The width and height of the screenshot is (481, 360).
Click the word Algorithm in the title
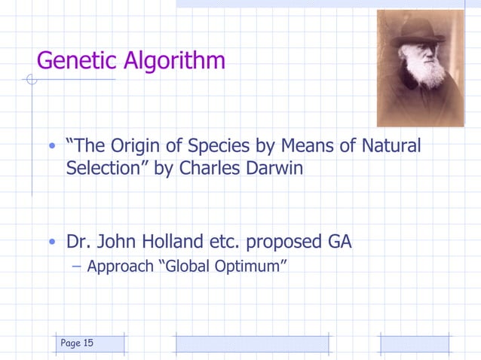click(x=178, y=60)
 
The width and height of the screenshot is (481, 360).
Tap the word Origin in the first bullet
click(x=139, y=145)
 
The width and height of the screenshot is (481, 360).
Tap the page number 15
click(x=88, y=343)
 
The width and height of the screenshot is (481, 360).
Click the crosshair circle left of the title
click(x=30, y=79)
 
